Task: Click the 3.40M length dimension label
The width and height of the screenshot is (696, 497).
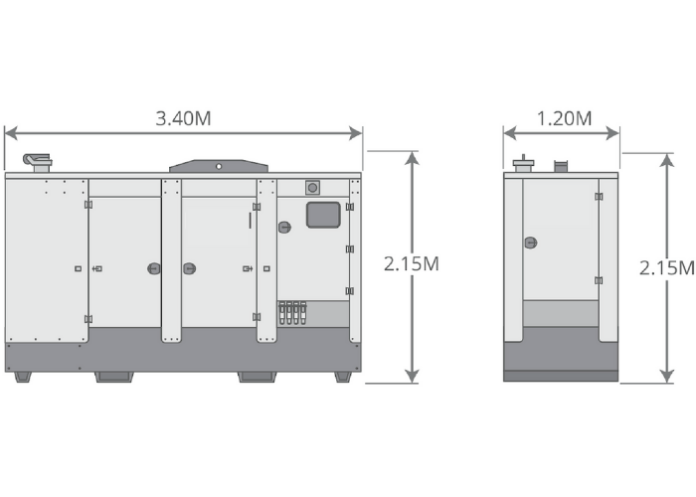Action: coord(183,118)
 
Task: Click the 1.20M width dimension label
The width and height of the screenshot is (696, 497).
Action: coord(564,118)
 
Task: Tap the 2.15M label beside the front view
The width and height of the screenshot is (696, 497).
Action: coord(412,264)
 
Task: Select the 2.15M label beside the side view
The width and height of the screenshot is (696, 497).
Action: coord(667,267)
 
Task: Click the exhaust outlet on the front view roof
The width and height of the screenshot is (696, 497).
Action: coord(38,162)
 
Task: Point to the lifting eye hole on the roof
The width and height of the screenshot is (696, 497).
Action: coord(219,166)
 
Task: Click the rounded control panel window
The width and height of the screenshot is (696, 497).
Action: coord(323,215)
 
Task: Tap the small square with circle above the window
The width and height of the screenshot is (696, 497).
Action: coord(312,188)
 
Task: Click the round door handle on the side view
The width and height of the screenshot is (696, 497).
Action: coord(531,243)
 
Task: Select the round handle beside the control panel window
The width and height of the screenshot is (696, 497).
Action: coord(284,228)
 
